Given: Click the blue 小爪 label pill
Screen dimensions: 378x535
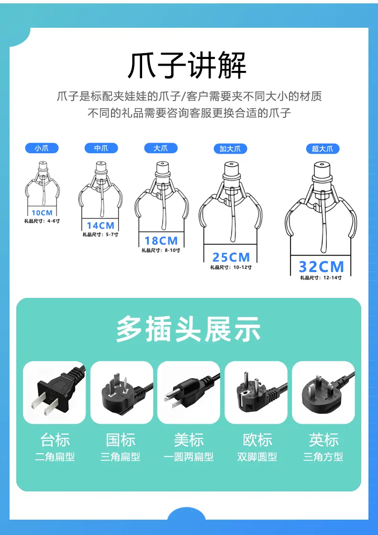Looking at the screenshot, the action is point(42,148).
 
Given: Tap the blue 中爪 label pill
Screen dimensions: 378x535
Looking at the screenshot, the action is point(101,148).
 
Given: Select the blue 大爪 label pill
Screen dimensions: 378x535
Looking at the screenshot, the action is point(161,148).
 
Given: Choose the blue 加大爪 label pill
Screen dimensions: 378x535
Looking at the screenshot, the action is point(230,149).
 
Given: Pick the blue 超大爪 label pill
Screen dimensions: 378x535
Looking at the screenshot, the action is point(322,149).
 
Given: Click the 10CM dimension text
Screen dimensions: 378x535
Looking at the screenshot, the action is point(42,213).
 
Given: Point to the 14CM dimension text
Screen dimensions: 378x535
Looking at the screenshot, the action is point(100,226).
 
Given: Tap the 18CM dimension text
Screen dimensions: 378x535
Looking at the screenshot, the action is point(161,241).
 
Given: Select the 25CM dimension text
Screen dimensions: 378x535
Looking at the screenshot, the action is point(231,257).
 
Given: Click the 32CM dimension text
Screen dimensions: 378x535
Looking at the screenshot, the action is point(322,267).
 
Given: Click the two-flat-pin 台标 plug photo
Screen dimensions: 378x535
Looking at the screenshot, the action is point(54,392).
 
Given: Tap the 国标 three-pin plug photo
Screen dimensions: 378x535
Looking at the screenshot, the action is point(122,392).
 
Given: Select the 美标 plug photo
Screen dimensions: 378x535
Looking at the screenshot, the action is point(189,392).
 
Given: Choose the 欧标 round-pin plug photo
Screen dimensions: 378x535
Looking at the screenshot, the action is point(256,392).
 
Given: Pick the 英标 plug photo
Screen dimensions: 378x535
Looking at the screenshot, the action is point(323,392).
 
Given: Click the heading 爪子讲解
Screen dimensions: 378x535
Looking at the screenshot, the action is point(187,66).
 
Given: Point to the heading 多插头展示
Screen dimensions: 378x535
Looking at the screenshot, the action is point(189,329).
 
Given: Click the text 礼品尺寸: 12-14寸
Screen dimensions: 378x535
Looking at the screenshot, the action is point(321,278).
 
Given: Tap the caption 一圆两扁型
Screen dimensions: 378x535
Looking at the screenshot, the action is point(189,456).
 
